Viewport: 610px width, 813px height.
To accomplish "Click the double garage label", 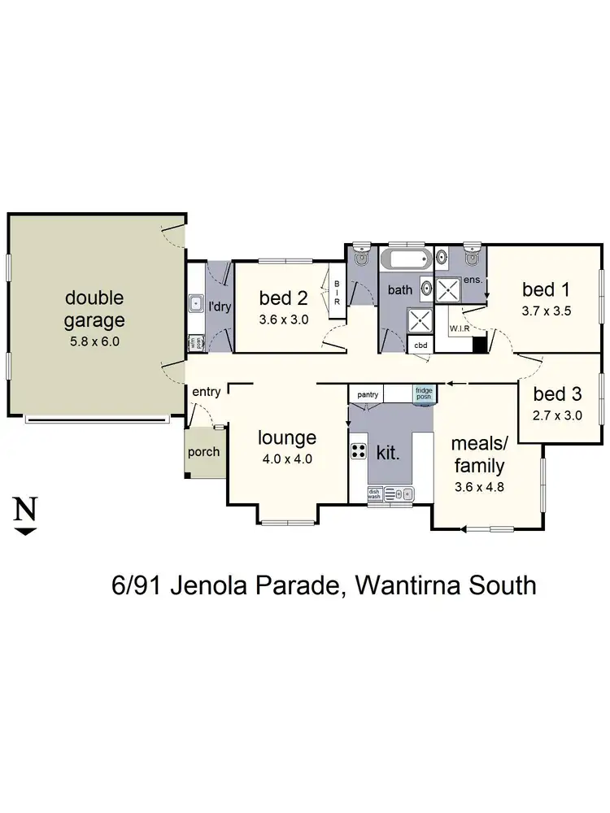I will click(95, 308).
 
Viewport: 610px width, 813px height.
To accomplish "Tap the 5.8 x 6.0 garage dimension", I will click(95, 341).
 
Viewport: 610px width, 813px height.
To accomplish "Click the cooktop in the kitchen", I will click(358, 450).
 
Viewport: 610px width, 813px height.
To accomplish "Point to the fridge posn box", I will click(424, 393).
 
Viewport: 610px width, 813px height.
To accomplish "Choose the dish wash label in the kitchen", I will click(374, 493).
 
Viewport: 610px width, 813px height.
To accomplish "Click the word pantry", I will click(368, 394).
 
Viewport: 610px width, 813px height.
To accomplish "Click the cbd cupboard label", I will click(420, 345).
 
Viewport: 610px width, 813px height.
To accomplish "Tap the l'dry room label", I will click(219, 307).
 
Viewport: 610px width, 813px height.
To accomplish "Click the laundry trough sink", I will click(195, 304).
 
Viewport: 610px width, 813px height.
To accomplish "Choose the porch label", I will click(203, 452).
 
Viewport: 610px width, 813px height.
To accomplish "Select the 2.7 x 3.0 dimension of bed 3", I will click(558, 416).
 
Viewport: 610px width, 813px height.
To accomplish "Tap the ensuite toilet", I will click(473, 256).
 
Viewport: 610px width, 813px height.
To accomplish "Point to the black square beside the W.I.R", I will click(479, 344).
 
